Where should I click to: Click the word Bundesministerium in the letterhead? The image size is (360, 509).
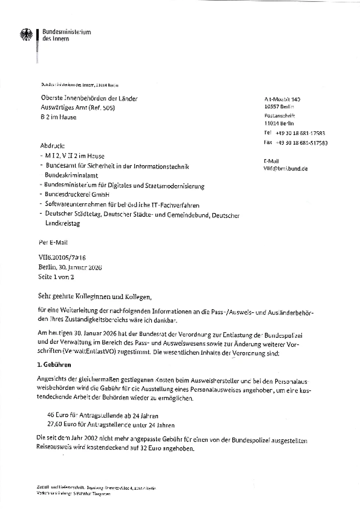[x=66, y=32]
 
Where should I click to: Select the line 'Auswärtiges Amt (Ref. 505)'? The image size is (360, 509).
[x=78, y=108]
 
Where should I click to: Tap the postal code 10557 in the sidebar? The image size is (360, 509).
[x=271, y=107]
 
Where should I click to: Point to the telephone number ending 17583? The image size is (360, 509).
[x=300, y=133]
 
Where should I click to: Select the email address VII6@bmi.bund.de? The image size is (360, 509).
[x=286, y=169]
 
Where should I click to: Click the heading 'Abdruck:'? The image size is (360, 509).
[x=52, y=146]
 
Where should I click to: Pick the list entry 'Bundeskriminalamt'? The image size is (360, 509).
[x=71, y=175]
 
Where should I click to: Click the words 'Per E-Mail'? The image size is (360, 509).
[x=53, y=243]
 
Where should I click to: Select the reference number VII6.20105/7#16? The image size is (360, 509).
[x=62, y=258]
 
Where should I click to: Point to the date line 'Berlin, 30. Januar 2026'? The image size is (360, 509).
[x=70, y=268]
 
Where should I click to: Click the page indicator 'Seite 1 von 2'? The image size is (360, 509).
[x=56, y=277]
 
